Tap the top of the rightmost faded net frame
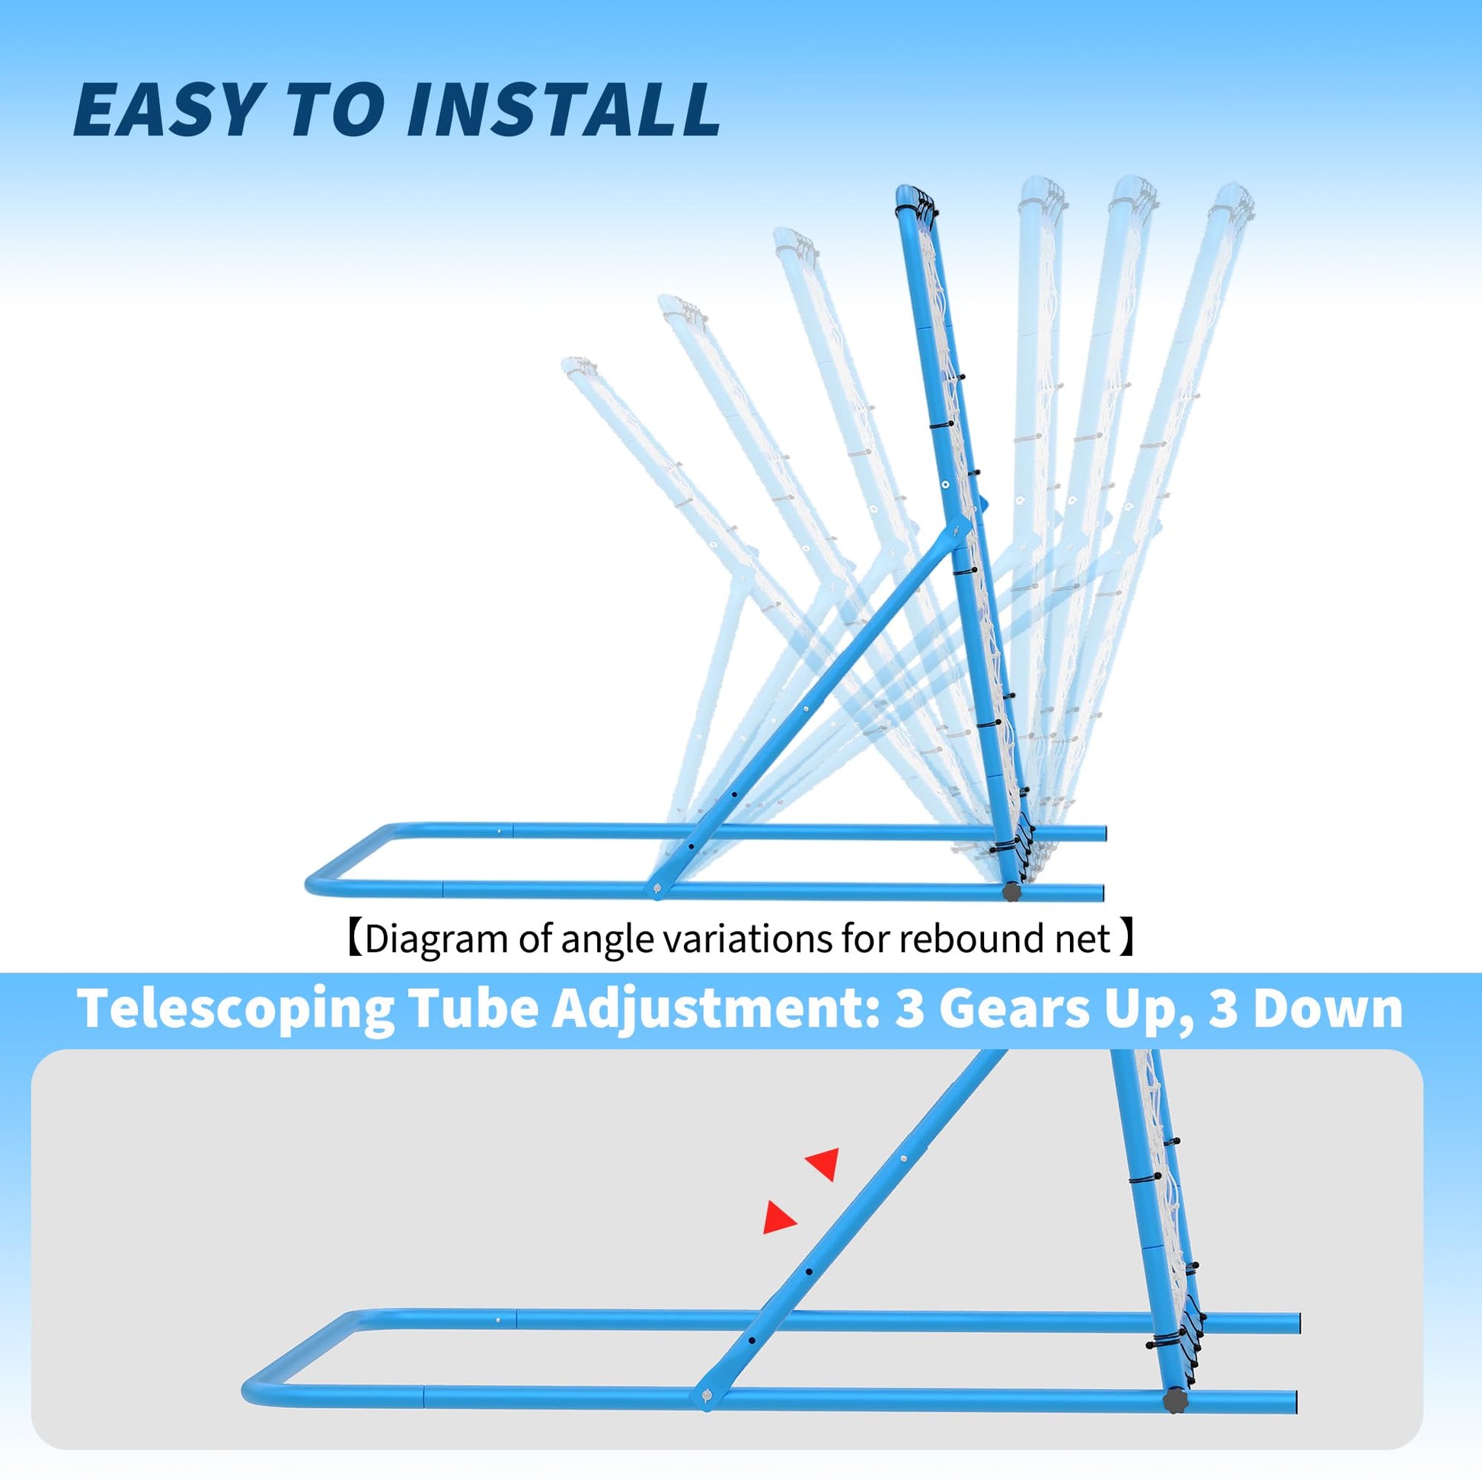coord(1232,195)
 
